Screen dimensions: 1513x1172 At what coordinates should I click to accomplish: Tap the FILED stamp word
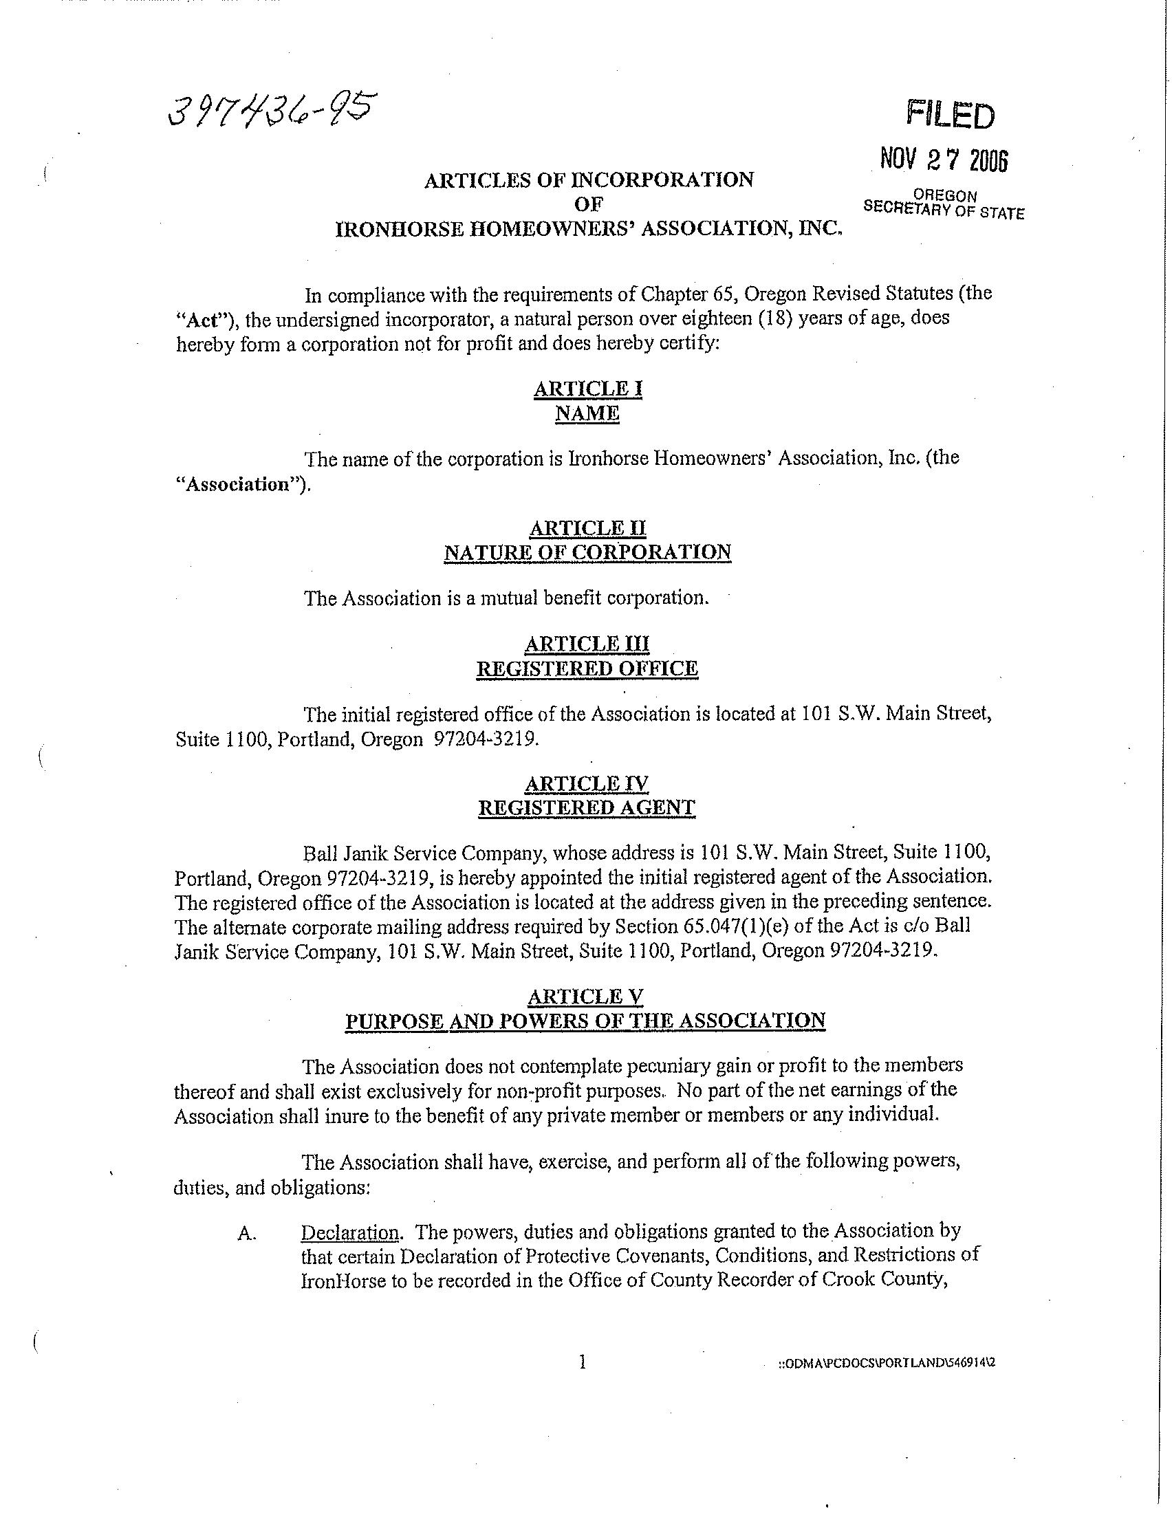951,114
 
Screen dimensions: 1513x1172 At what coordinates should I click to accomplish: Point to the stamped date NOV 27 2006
944,161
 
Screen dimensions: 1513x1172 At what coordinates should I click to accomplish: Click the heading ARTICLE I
587,389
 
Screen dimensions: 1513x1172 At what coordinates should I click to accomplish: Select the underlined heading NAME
587,413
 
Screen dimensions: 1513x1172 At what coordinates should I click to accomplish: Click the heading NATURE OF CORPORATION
587,552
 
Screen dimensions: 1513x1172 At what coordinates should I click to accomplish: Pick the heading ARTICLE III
587,644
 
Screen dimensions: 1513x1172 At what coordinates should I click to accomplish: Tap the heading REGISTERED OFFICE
587,668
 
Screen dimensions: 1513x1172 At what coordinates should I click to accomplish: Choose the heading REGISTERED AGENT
587,808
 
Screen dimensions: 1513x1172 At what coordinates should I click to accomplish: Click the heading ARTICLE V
586,997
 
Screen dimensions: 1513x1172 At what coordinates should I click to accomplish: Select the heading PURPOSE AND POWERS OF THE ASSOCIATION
586,1021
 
